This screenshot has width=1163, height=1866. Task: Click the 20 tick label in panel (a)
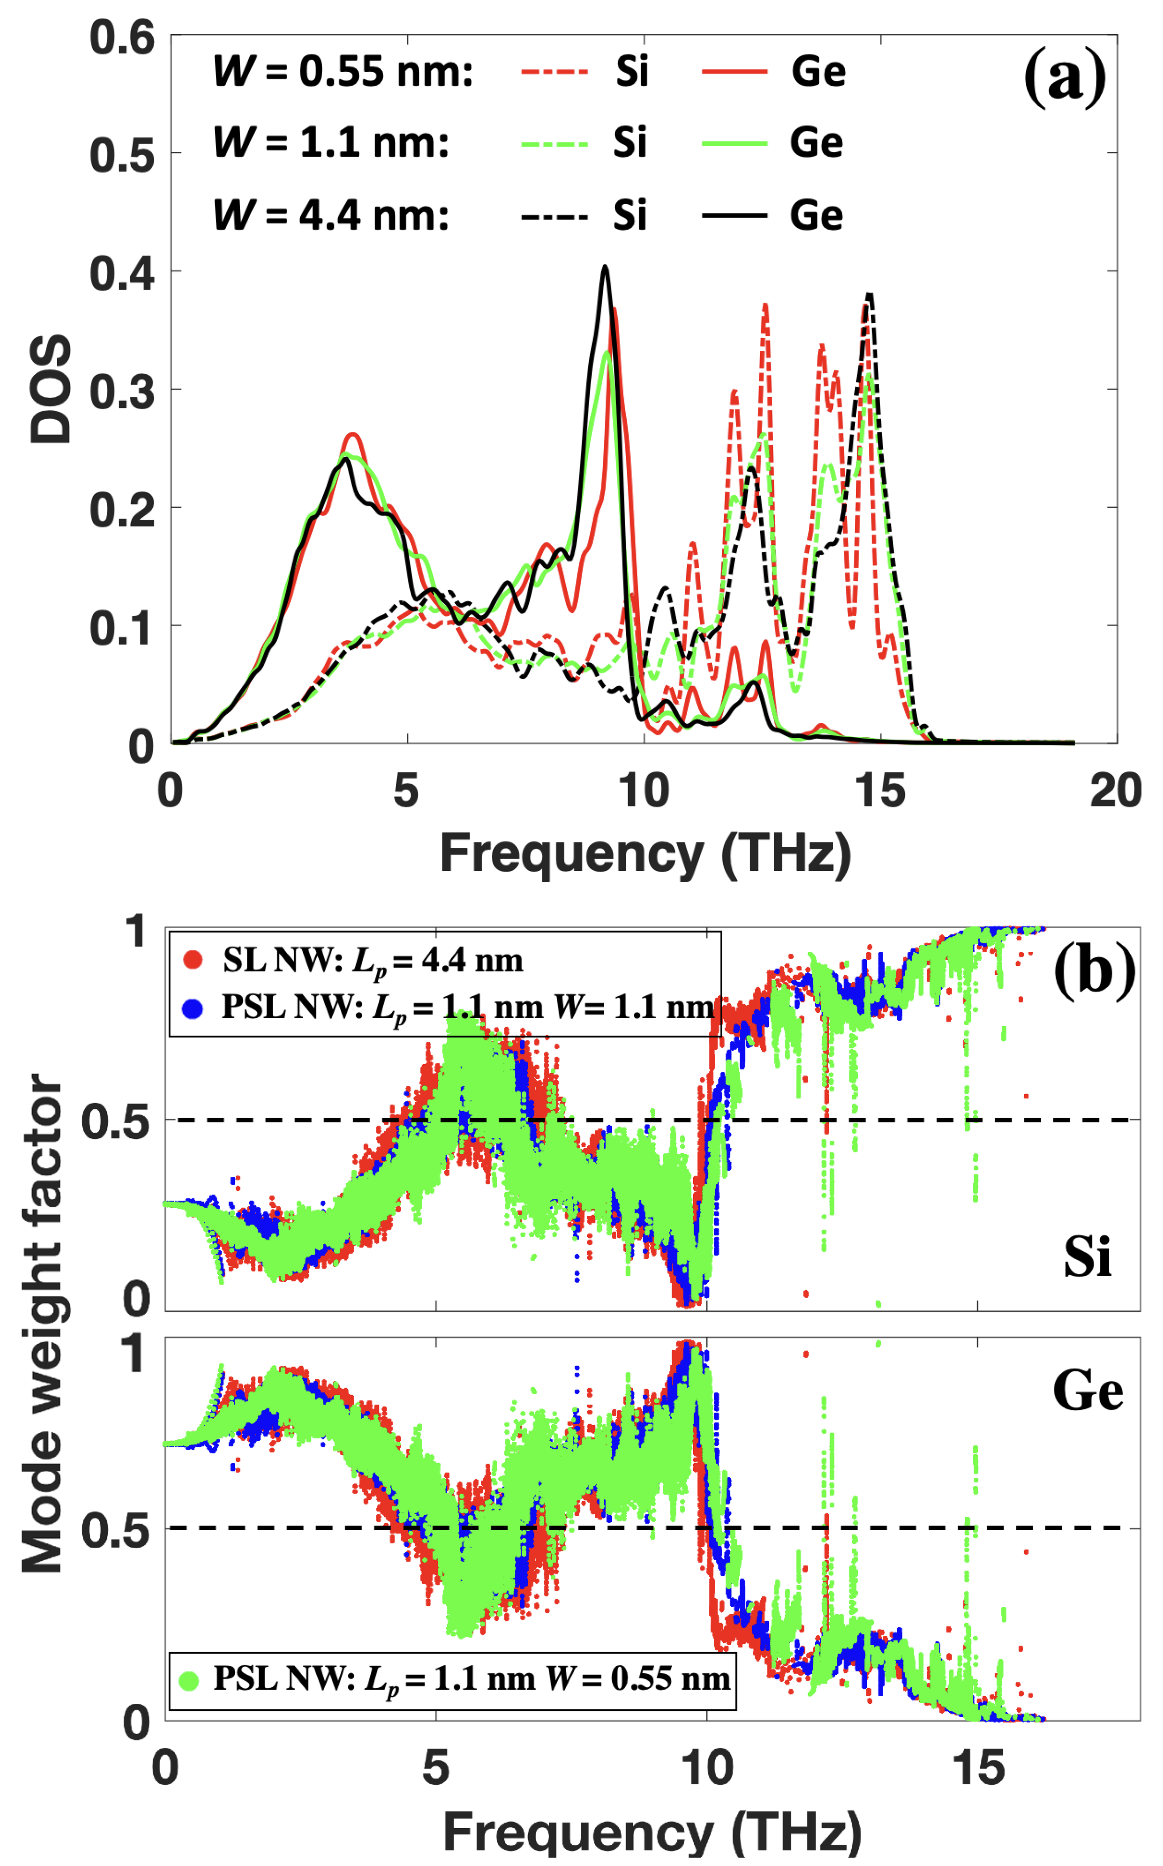point(1115,790)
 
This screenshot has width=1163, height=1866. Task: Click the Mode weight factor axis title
point(42,1323)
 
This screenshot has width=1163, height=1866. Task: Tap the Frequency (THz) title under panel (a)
point(645,854)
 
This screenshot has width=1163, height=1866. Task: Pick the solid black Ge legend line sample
point(734,216)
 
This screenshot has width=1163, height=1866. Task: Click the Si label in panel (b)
point(1087,1257)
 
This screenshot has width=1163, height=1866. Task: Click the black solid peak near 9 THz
point(605,267)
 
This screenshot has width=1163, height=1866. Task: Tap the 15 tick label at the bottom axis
point(978,1767)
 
